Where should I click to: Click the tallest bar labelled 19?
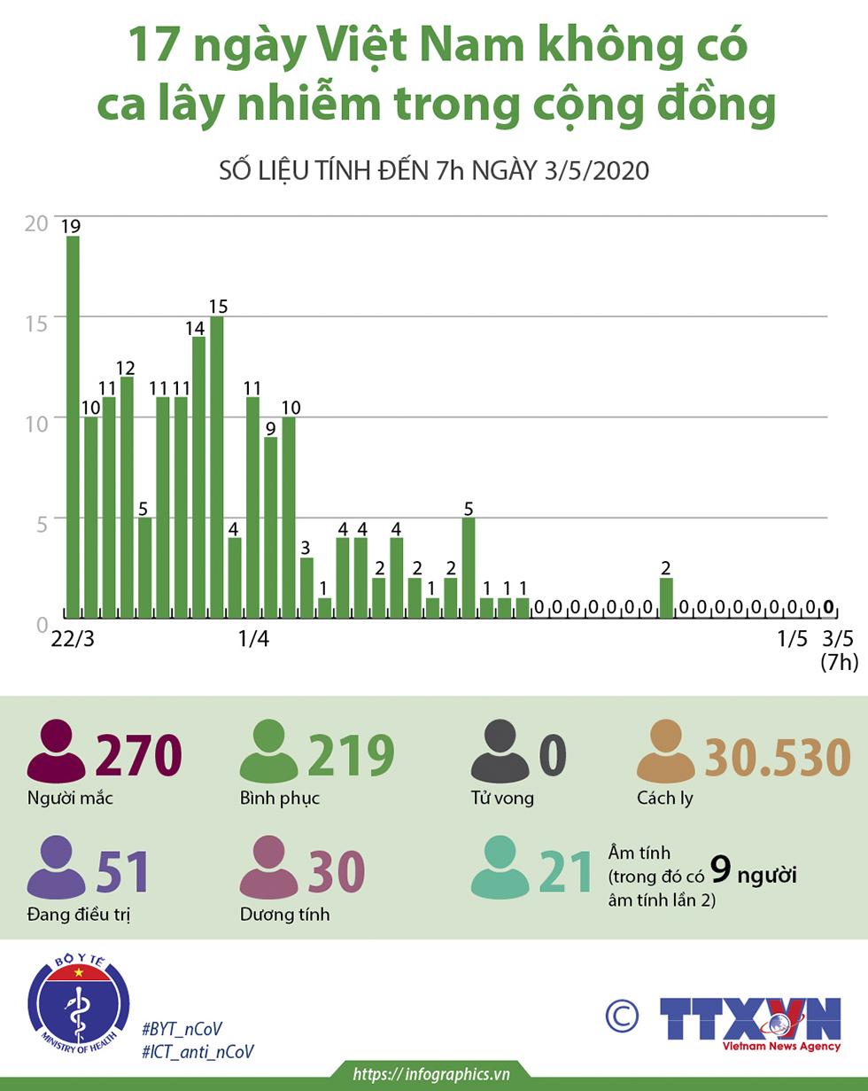73,425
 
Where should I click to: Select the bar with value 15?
217,465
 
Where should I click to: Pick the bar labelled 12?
127,496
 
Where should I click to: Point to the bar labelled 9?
271,526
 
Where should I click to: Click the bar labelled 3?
306,587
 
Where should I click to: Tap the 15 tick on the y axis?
36,321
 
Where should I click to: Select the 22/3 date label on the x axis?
73,639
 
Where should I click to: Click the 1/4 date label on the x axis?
253,639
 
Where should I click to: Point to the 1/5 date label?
793,639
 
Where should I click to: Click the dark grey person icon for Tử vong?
500,753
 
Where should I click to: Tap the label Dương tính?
284,915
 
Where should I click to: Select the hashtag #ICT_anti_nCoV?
198,1051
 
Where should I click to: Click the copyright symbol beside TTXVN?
623,1015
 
